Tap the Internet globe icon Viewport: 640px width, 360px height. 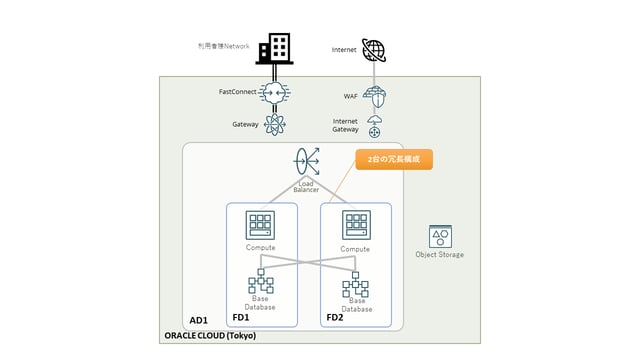(x=374, y=49)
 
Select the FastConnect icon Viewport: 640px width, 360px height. (x=273, y=92)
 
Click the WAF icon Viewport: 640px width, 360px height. (x=374, y=97)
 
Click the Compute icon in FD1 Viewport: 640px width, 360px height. (x=260, y=225)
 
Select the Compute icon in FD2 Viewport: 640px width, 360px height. (x=354, y=225)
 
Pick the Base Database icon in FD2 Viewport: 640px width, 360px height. (x=354, y=285)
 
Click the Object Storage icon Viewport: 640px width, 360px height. (x=439, y=236)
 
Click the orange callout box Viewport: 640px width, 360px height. (x=394, y=159)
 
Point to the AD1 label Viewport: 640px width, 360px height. (x=199, y=320)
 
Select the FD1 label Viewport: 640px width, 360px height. (x=241, y=317)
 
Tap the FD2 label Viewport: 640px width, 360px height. (x=335, y=317)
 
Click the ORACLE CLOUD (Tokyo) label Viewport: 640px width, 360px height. (x=209, y=336)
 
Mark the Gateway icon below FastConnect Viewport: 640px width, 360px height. (x=273, y=124)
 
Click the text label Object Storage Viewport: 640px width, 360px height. (x=439, y=254)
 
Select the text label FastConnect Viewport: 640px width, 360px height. (x=238, y=92)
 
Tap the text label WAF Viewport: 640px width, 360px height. (x=350, y=97)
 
